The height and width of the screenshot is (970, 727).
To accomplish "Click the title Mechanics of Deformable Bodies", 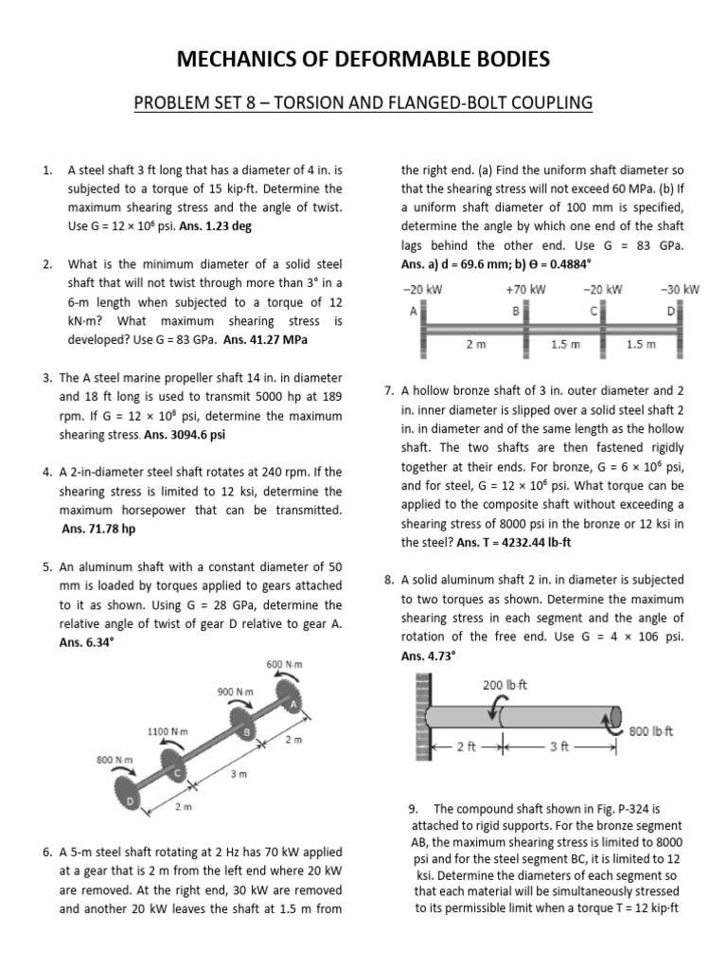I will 363,60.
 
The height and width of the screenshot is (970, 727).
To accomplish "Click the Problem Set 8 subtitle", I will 363,101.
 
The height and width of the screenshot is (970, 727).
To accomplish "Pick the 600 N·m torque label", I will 283,664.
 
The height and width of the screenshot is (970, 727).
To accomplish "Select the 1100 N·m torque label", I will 168,731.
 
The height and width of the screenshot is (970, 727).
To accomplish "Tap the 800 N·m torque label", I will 115,759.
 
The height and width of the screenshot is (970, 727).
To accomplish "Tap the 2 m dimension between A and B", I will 476,345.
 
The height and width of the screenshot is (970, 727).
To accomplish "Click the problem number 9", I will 413,808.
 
